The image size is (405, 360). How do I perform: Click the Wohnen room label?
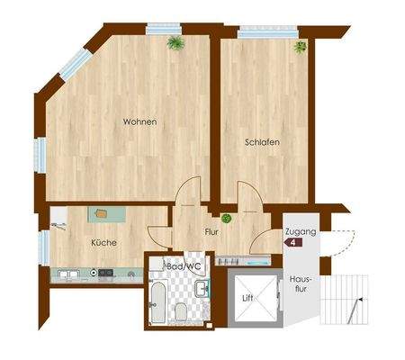(140, 121)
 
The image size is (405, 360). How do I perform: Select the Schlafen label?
(261, 142)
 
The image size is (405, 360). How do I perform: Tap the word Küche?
(103, 242)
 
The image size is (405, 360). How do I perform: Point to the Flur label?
(211, 231)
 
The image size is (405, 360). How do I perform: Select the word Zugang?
(299, 232)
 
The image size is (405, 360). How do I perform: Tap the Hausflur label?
(299, 287)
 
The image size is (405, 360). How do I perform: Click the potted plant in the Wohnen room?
(175, 42)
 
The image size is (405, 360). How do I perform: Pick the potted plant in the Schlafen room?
(300, 46)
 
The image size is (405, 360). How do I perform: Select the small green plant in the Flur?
(227, 218)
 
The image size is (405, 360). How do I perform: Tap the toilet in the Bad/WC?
(182, 311)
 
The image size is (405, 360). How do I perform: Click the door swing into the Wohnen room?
(188, 191)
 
